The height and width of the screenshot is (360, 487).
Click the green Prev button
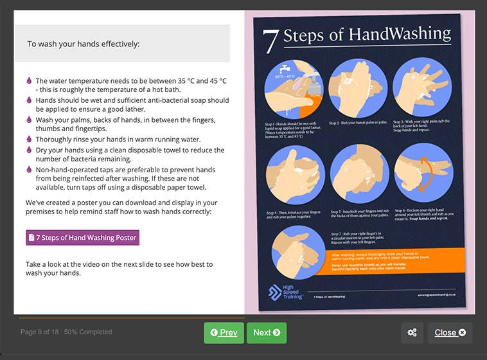224,332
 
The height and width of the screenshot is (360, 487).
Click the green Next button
266,332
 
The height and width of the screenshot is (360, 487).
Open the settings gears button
412,332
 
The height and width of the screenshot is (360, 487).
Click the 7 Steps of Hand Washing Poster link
82,238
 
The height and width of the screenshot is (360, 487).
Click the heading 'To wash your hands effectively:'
83,44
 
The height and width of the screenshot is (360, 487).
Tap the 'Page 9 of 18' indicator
40,332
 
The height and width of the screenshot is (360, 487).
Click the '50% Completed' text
87,332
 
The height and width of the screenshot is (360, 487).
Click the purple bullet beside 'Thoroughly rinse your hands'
29,139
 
